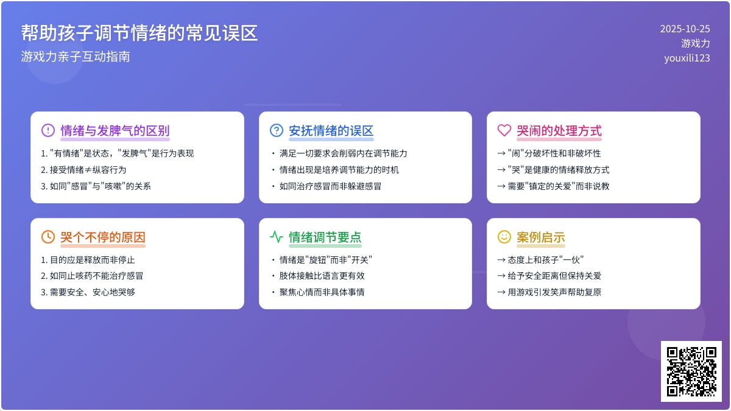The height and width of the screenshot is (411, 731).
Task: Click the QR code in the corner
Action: tap(691, 371)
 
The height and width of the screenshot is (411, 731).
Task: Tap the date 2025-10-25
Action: tap(685, 29)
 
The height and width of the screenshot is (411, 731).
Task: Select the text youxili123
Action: tap(687, 58)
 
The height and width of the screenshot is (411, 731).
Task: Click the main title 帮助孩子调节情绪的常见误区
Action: tap(139, 33)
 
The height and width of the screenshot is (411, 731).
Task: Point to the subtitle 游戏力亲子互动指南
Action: tap(76, 57)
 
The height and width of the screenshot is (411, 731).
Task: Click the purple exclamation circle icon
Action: tap(48, 130)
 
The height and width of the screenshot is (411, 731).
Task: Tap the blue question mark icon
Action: tap(277, 130)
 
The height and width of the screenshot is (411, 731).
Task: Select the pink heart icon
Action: tap(504, 130)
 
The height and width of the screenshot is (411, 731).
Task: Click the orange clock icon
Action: tap(48, 237)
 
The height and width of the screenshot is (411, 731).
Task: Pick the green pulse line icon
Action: tap(277, 237)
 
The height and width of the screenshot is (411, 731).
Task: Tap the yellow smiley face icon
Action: tap(504, 237)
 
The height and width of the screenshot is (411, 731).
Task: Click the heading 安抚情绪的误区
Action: tap(331, 130)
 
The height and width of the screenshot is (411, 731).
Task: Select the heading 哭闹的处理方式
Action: tap(559, 130)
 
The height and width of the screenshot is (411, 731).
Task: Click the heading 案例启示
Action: tap(541, 237)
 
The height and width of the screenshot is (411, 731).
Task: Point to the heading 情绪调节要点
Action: tap(325, 237)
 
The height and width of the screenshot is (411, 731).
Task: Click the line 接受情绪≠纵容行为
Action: tap(83, 170)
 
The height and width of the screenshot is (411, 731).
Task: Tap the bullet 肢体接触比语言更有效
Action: tap(318, 276)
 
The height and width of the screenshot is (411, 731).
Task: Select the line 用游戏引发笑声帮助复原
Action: tap(549, 292)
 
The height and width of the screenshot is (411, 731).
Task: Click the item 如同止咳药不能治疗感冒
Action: tap(92, 276)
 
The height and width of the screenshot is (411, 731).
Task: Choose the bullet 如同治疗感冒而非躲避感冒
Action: tap(327, 186)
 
